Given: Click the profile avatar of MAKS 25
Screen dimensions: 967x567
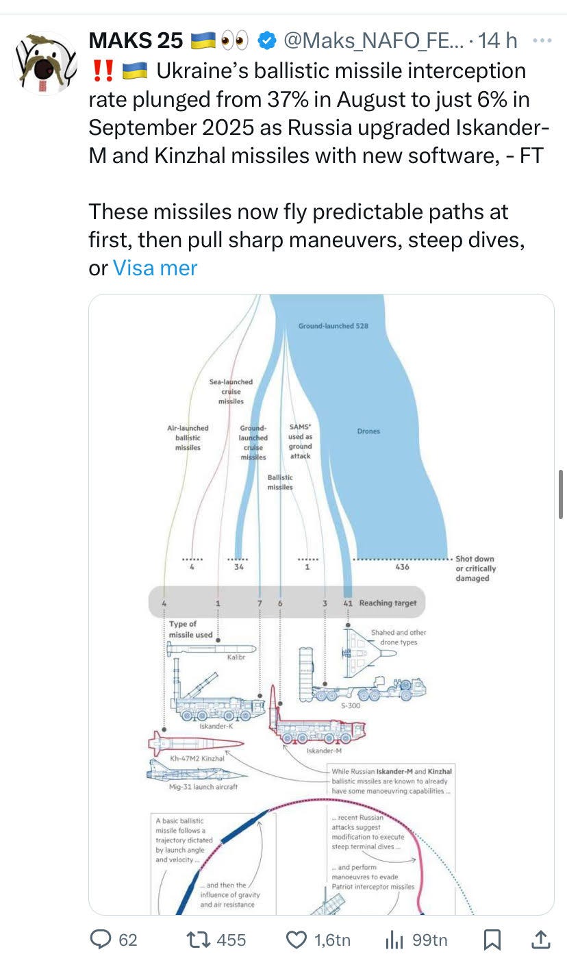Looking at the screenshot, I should tap(45, 62).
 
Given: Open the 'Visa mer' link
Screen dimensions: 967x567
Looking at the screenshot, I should tap(155, 268).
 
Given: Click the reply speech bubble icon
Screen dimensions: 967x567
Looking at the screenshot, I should tap(101, 940).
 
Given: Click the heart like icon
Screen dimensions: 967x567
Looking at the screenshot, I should tap(296, 940).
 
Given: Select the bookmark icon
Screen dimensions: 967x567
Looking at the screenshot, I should tap(492, 940).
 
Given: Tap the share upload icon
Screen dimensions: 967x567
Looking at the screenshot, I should tap(540, 940).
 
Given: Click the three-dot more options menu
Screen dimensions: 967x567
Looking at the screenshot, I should tap(542, 40).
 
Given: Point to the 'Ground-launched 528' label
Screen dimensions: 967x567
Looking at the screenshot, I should tap(333, 326).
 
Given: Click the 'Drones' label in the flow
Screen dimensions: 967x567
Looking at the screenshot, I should tap(368, 431).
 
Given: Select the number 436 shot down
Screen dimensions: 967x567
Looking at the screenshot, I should tap(403, 567).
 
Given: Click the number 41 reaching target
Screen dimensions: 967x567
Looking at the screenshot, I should tap(348, 603).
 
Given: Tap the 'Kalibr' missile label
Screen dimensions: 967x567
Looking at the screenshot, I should tap(236, 657).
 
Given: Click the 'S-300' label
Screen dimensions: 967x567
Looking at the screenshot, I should tap(350, 705).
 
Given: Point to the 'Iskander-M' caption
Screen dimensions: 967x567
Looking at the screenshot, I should tap(320, 751).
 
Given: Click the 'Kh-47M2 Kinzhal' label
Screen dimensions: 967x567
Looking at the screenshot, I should tap(197, 759).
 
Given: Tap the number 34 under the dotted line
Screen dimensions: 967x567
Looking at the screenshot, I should tap(238, 567).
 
